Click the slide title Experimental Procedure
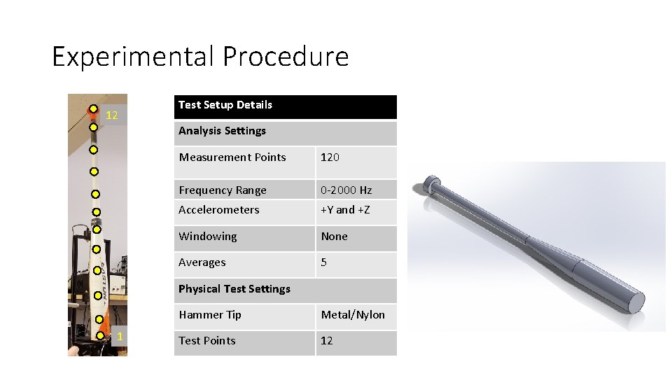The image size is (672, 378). click(200, 57)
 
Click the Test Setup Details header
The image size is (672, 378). click(225, 105)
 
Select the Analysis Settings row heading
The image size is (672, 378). click(223, 131)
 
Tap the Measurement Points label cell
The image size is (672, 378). click(232, 157)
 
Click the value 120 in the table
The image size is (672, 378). click(330, 157)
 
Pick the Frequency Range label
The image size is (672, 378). click(223, 190)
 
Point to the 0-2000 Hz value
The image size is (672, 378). click(346, 190)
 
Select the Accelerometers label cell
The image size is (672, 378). click(219, 210)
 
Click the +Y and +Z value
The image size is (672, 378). click(345, 210)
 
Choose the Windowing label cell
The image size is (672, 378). click(208, 237)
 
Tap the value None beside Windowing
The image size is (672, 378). click(335, 237)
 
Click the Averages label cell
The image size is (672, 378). click(202, 262)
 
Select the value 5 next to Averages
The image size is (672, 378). click(324, 262)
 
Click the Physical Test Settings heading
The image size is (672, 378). click(234, 289)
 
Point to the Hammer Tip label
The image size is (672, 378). click(210, 315)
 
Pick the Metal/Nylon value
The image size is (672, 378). click(353, 315)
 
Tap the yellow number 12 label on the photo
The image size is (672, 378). click(112, 115)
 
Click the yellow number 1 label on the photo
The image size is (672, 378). click(120, 337)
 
